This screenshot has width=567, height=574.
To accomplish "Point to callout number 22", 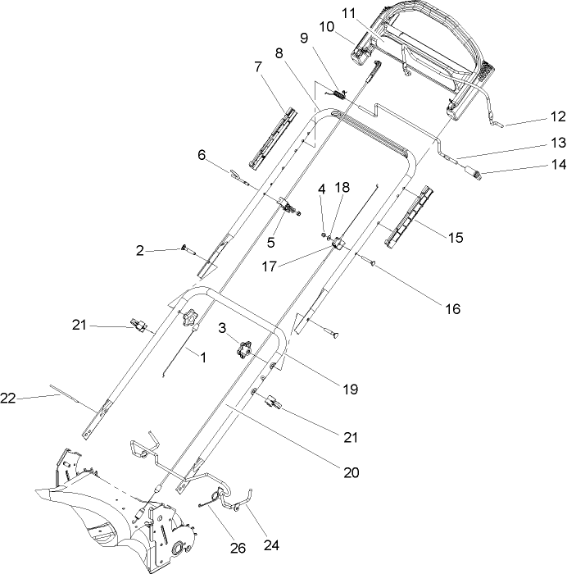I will click(x=9, y=398).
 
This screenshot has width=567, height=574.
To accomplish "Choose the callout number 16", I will click(x=452, y=309).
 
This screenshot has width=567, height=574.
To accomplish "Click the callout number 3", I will click(x=223, y=328).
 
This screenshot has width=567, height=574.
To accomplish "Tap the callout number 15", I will click(x=455, y=237).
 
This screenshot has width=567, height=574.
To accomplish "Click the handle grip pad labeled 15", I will click(x=406, y=214).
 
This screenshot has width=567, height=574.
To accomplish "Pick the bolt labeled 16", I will click(x=370, y=262).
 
